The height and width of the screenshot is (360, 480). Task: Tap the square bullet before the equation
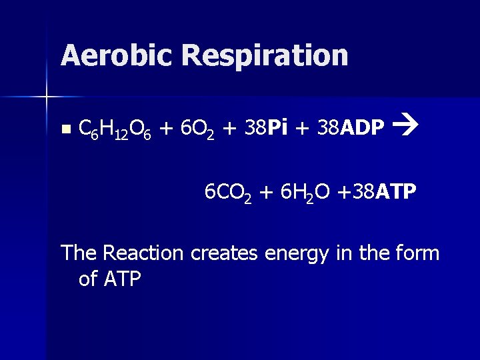click(x=64, y=128)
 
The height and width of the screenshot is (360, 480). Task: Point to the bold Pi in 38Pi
click(x=278, y=126)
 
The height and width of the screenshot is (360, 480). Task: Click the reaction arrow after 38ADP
click(x=404, y=124)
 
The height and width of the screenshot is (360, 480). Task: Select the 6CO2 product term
click(x=227, y=193)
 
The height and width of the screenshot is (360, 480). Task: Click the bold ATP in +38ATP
click(x=396, y=192)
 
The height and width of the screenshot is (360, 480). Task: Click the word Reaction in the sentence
click(x=143, y=253)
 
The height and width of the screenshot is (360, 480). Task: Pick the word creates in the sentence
click(x=225, y=253)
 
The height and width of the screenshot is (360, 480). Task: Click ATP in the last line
click(x=123, y=279)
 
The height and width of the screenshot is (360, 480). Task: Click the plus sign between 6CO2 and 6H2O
click(x=266, y=193)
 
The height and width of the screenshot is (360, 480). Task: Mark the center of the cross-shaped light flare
click(x=47, y=97)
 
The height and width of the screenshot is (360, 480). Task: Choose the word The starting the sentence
click(x=79, y=253)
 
